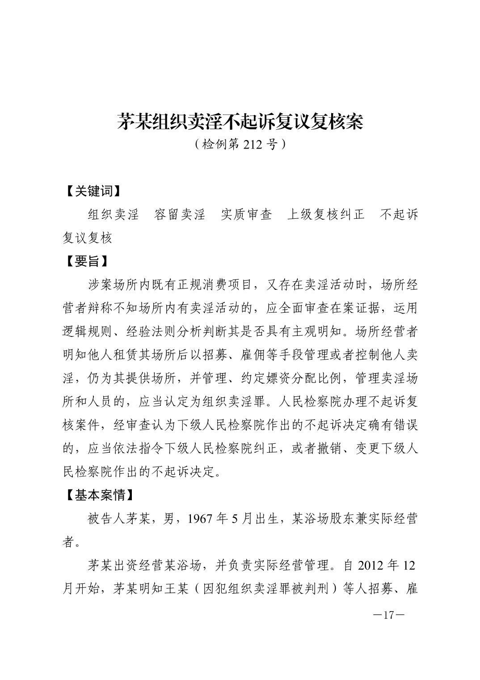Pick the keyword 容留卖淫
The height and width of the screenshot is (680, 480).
tap(179, 215)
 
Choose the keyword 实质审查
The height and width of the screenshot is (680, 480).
tap(246, 215)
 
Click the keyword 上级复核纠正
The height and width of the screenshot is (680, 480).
tap(325, 215)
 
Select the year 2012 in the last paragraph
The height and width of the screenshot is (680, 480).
tap(370, 566)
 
